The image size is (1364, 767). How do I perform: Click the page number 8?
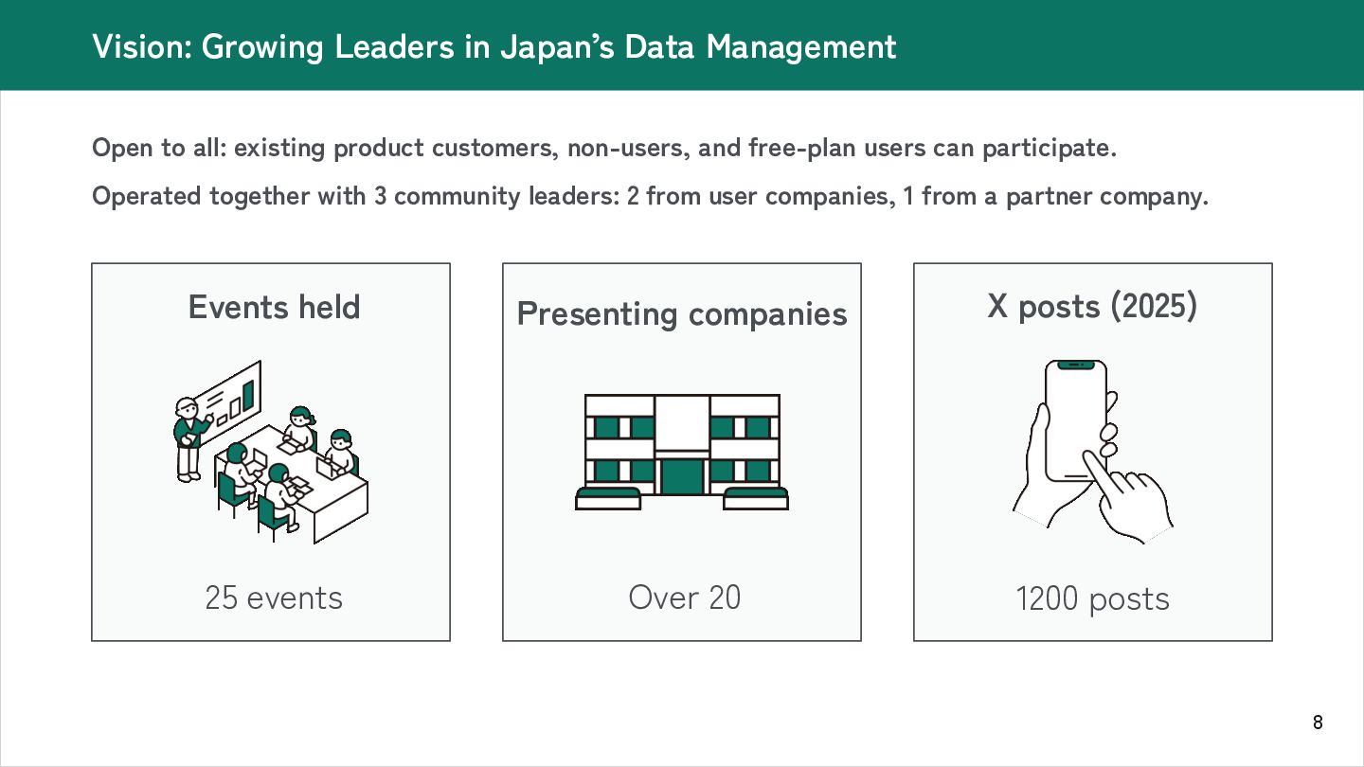tap(1318, 723)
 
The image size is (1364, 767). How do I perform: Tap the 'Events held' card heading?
tap(274, 307)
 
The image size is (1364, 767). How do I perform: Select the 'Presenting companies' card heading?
tap(682, 313)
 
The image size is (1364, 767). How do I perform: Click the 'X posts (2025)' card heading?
tap(1092, 306)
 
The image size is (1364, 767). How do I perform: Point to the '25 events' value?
tap(274, 598)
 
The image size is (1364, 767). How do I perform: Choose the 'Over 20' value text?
tap(684, 598)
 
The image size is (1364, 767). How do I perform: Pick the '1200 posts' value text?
tap(1092, 598)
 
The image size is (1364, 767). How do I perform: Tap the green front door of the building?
tap(682, 476)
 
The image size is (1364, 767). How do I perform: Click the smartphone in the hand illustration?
tap(1075, 420)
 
